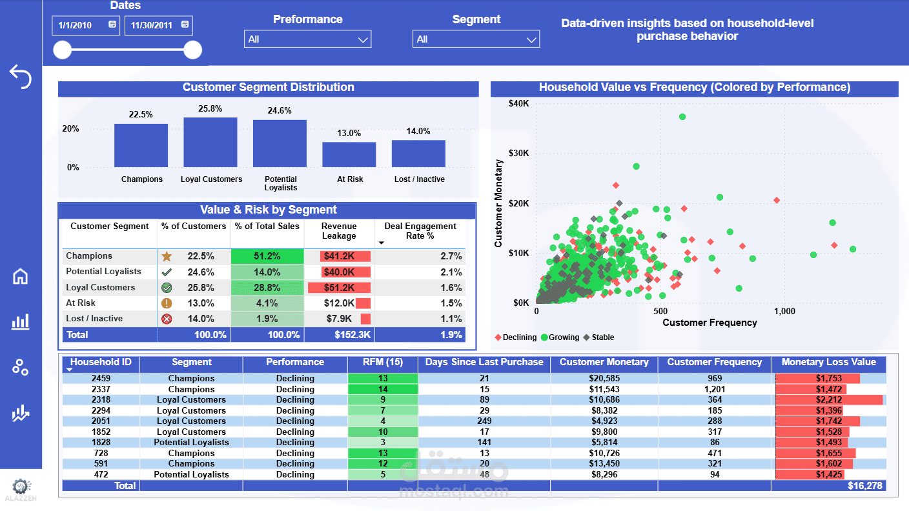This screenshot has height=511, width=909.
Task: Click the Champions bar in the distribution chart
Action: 141,146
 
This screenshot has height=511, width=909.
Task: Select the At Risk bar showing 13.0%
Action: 349,155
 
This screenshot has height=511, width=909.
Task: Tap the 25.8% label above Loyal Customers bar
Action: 210,109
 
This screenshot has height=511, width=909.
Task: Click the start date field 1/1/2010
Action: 85,25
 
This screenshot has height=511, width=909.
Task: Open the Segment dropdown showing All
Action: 476,39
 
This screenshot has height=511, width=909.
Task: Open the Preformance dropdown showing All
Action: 307,39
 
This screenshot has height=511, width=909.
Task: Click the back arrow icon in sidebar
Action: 21,76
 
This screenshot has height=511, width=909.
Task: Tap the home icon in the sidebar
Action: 21,276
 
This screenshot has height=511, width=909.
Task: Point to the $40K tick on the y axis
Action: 518,103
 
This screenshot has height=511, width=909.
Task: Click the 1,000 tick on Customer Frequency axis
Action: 784,311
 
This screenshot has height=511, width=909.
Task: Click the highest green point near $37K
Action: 682,117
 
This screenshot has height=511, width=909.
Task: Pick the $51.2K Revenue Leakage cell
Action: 339,288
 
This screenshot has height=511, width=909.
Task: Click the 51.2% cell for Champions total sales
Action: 267,256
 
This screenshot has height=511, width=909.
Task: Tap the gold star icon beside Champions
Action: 167,256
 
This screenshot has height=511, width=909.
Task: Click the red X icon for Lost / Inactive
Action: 167,319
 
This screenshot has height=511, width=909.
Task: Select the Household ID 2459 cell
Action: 101,378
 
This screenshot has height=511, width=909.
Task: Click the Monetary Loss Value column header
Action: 828,363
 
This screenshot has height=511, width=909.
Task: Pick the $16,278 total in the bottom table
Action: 865,486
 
